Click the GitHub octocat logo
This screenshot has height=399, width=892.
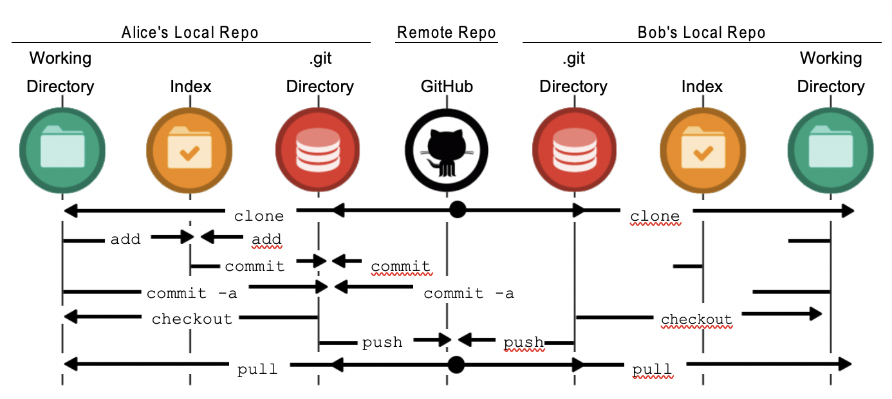pyautogui.click(x=447, y=152)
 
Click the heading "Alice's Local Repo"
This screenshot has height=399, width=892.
pyautogui.click(x=190, y=32)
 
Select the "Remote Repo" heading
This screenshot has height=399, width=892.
pyautogui.click(x=446, y=32)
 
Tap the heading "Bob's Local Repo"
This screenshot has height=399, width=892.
pyautogui.click(x=702, y=32)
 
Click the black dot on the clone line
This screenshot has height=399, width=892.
pyautogui.click(x=457, y=210)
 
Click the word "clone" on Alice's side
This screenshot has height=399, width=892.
pyautogui.click(x=259, y=216)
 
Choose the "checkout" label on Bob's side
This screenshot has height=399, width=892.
pyautogui.click(x=696, y=319)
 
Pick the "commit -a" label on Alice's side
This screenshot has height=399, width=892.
pyautogui.click(x=192, y=293)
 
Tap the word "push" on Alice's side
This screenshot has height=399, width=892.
pyautogui.click(x=382, y=342)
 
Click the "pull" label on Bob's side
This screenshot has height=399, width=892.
pyautogui.click(x=653, y=369)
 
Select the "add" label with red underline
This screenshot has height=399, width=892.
pyautogui.click(x=266, y=239)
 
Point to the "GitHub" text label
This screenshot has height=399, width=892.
pyautogui.click(x=447, y=86)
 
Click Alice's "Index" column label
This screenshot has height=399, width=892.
pyautogui.click(x=190, y=86)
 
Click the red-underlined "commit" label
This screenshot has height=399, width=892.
pyautogui.click(x=400, y=266)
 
